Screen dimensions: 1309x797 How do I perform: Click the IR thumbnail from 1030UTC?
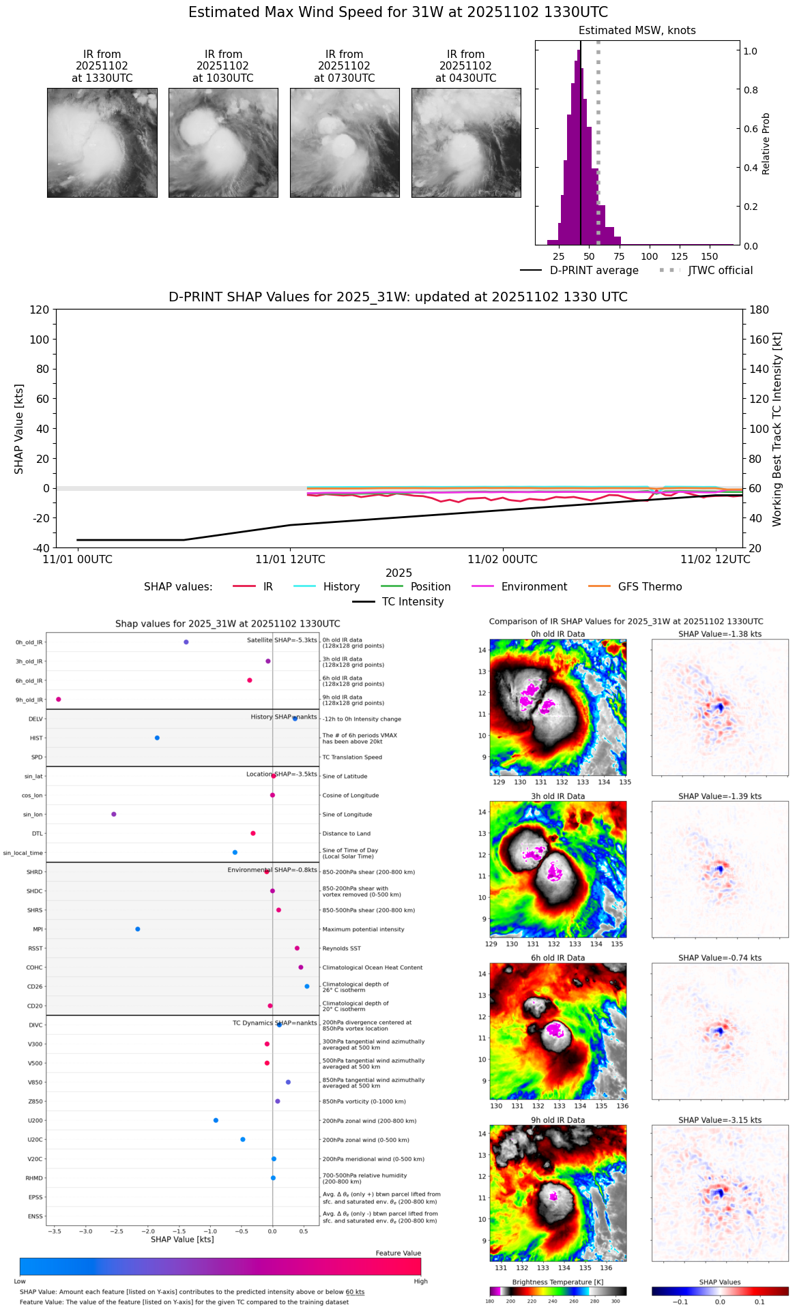coord(223,142)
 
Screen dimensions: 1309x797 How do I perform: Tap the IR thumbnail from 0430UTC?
coord(466,142)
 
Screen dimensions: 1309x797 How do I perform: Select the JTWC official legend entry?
coord(720,271)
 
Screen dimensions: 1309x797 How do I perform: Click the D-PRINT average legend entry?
coord(594,271)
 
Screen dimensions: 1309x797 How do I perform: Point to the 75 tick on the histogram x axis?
coord(619,256)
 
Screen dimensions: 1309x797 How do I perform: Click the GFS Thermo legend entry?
coord(650,587)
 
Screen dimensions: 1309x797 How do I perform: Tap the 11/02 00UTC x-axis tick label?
coord(502,560)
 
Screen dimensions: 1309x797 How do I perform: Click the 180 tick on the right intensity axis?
coord(759,310)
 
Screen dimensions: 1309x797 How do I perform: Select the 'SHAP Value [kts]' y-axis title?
coord(19,429)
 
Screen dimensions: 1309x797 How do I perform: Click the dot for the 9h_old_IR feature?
coord(59,699)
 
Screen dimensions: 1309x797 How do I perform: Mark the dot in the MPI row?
coord(138,929)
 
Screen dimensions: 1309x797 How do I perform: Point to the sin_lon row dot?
coord(114,814)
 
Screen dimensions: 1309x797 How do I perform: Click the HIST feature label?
coord(36,738)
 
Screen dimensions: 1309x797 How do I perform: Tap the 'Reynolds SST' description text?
coord(341,948)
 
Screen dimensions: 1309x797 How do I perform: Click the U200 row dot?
coord(216,1120)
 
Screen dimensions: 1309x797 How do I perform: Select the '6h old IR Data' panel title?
coord(557,958)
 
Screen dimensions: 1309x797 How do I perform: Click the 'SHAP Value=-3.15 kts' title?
coord(720,1120)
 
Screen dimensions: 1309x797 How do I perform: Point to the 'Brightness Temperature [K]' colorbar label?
coord(557,1282)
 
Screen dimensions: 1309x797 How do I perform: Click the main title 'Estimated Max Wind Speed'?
coord(398,12)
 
